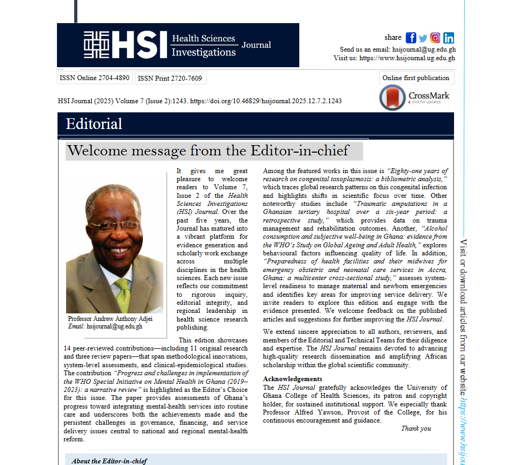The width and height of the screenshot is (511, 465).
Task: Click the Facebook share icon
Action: coord(411,38)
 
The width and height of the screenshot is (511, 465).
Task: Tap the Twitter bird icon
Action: coord(423,38)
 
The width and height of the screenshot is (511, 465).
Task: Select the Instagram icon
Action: coord(435,38)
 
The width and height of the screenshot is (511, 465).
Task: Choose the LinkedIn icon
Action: coord(449,38)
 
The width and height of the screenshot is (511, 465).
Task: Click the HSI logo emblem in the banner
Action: coord(97,45)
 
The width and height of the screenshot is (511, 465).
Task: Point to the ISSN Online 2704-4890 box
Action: coord(95,78)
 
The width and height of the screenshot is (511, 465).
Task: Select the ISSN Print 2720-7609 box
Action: coord(170,78)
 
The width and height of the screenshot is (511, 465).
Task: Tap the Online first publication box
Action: coord(416,78)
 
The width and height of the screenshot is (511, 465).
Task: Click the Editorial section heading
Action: coord(94,124)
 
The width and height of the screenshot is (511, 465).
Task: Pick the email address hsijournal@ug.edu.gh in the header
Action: coord(423,49)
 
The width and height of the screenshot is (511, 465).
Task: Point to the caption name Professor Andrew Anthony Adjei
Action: coord(110,319)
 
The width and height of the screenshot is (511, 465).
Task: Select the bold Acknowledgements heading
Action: coord(292,379)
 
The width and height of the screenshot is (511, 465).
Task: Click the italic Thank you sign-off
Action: coord(416,428)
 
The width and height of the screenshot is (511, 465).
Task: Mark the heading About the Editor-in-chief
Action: coord(109,461)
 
